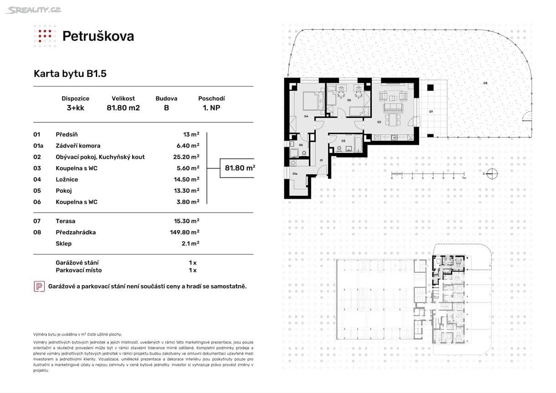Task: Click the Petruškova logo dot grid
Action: tap(45, 36)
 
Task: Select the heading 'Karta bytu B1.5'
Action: tap(70, 74)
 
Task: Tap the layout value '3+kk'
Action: tap(75, 108)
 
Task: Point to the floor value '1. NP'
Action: tap(211, 108)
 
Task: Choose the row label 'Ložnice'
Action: tap(67, 179)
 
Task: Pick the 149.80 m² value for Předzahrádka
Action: tap(185, 232)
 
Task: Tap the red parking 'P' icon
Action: tap(39, 286)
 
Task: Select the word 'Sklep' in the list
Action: tap(63, 244)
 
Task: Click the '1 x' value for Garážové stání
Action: tap(192, 263)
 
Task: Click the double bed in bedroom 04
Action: tap(308, 101)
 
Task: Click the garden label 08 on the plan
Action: tap(485, 83)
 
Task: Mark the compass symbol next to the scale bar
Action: tap(491, 174)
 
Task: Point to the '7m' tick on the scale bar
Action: tap(463, 178)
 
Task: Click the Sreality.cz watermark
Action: tap(33, 10)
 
